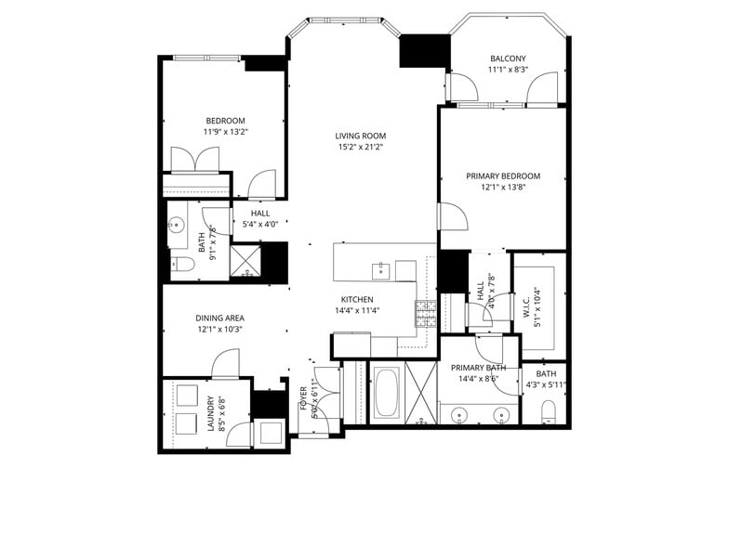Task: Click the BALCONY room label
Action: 509,58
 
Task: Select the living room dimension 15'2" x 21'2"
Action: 361,147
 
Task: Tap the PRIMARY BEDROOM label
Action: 503,175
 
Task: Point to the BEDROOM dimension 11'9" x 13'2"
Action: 225,132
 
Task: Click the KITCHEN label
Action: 357,299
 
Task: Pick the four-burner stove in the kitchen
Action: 426,314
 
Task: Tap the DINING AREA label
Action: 219,318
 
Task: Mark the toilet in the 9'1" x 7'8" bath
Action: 182,265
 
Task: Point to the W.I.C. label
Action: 525,305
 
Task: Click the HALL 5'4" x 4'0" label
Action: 260,213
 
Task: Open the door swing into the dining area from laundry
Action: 226,366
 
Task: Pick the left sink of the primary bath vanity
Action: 458,414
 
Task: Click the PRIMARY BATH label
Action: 475,367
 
